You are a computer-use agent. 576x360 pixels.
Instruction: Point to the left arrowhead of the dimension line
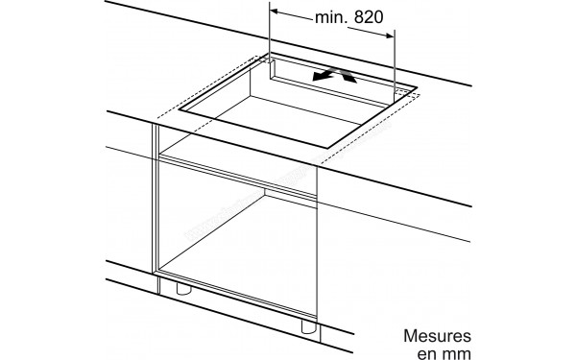[276, 12]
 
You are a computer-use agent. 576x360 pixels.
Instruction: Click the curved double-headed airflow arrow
[333, 75]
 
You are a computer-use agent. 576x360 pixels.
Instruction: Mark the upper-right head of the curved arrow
[350, 70]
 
